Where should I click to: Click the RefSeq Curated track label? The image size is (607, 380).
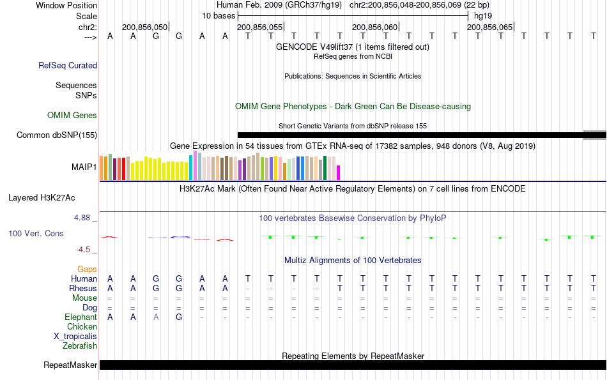click(x=68, y=65)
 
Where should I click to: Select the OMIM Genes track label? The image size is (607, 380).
click(x=72, y=116)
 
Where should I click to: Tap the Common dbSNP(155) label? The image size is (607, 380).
click(x=57, y=135)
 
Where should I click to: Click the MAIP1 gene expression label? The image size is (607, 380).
click(x=84, y=167)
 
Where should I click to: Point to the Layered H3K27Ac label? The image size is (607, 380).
click(x=52, y=197)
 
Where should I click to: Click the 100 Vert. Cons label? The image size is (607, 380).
click(x=36, y=234)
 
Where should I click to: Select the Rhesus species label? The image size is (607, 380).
click(x=82, y=288)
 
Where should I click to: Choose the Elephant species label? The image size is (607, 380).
click(x=81, y=317)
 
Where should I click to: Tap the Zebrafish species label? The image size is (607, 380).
click(x=80, y=346)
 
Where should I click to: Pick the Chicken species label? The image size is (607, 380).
click(x=82, y=326)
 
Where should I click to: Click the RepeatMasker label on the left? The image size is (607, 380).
click(x=70, y=365)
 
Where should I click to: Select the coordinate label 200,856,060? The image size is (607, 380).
click(x=374, y=27)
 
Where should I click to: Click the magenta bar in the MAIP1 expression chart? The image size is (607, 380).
click(x=339, y=172)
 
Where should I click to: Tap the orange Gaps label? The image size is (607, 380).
click(x=87, y=269)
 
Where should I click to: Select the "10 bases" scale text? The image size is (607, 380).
click(x=219, y=15)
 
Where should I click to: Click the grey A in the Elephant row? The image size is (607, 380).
click(x=156, y=317)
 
